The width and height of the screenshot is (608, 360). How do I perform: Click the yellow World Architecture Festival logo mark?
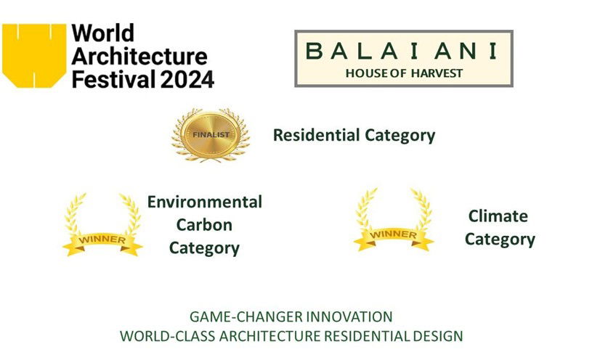[34, 55]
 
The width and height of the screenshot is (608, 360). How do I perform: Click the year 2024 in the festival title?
[187, 79]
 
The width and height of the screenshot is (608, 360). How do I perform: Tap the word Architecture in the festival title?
[139, 56]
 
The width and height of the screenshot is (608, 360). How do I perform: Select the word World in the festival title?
[102, 33]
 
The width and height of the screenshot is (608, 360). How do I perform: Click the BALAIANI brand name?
[401, 51]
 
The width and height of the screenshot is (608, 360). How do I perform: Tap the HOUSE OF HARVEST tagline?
[404, 73]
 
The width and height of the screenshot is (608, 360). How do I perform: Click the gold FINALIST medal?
[211, 135]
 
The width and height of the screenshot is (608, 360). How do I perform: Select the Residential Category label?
[354, 136]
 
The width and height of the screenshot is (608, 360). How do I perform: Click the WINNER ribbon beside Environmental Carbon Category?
[102, 240]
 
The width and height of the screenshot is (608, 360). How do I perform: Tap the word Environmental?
[205, 202]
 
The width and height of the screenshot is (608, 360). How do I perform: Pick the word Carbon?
[204, 225]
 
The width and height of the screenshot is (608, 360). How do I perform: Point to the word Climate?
[498, 216]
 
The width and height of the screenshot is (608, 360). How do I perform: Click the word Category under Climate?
[500, 240]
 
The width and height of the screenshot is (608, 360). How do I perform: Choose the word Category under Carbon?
[204, 248]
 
